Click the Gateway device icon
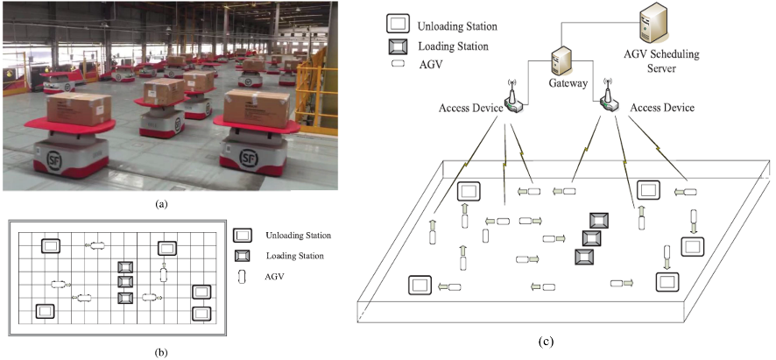[561, 61]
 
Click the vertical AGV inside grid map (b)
[163, 274]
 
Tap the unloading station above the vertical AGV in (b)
[166, 248]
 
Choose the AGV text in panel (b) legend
[275, 276]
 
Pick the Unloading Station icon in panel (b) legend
[243, 236]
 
